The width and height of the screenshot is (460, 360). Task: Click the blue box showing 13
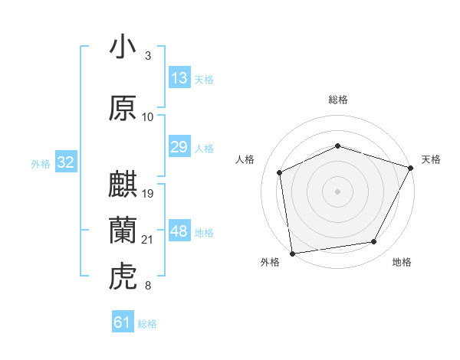[x=179, y=78]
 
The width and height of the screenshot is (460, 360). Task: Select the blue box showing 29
[x=179, y=148]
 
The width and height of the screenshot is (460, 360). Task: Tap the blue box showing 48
[x=179, y=232]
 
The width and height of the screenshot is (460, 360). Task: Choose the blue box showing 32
[x=65, y=162]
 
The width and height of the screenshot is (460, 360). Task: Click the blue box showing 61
[x=123, y=322]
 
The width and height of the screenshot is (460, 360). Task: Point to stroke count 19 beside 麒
[x=149, y=193]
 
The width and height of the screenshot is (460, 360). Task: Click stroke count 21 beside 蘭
[x=148, y=240]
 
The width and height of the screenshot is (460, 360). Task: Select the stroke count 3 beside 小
[x=148, y=56]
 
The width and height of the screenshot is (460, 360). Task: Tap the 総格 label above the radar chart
[x=337, y=100]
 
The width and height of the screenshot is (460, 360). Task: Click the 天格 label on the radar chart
[x=431, y=159]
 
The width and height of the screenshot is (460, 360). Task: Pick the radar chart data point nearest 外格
[x=292, y=253]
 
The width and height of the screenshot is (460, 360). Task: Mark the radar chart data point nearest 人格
[x=280, y=172]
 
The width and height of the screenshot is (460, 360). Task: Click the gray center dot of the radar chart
[x=337, y=191]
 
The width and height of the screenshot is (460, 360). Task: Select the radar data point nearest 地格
[x=374, y=242]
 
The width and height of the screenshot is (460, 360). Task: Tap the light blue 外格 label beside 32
[x=40, y=163]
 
